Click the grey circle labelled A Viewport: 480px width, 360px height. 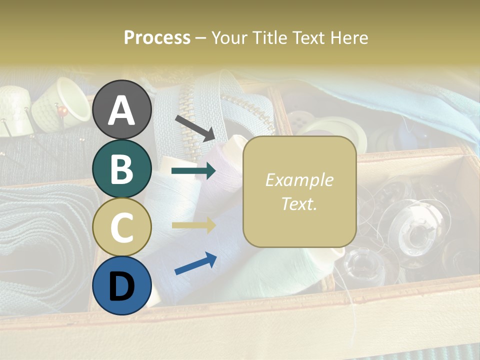tap(122, 109)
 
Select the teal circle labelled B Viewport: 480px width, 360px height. tap(122, 168)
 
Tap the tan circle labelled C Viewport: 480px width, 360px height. tap(122, 227)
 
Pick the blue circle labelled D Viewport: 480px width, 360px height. tap(122, 285)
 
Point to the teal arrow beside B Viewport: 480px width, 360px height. tap(193, 171)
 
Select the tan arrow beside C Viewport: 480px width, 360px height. tap(193, 225)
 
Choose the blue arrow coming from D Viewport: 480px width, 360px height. tap(195, 264)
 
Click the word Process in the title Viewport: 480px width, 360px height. tap(157, 37)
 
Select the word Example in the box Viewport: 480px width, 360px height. tap(299, 180)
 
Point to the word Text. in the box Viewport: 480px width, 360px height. tap(299, 203)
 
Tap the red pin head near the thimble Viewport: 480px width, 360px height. tap(62, 109)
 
